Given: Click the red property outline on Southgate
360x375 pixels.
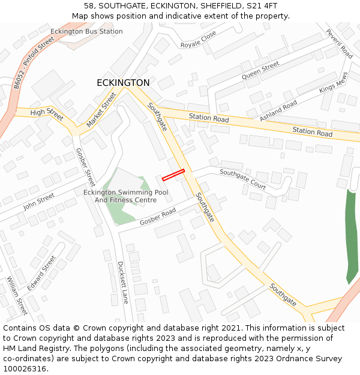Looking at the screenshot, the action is coord(173,175).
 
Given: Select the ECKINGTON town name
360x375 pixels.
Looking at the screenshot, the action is coord(123,83).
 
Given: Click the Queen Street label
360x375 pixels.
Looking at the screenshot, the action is coord(260,71).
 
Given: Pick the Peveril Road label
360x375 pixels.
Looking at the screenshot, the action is coord(339,43).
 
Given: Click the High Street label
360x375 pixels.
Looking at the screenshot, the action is coord(46,112).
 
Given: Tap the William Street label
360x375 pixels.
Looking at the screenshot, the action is coord(17,295).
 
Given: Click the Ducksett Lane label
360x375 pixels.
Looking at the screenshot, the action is coord(123,282).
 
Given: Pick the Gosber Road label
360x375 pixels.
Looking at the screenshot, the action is coord(158,217).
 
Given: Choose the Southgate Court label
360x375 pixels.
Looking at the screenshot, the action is coord(242,179).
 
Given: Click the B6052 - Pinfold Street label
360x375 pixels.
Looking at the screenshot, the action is coord(34,62).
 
